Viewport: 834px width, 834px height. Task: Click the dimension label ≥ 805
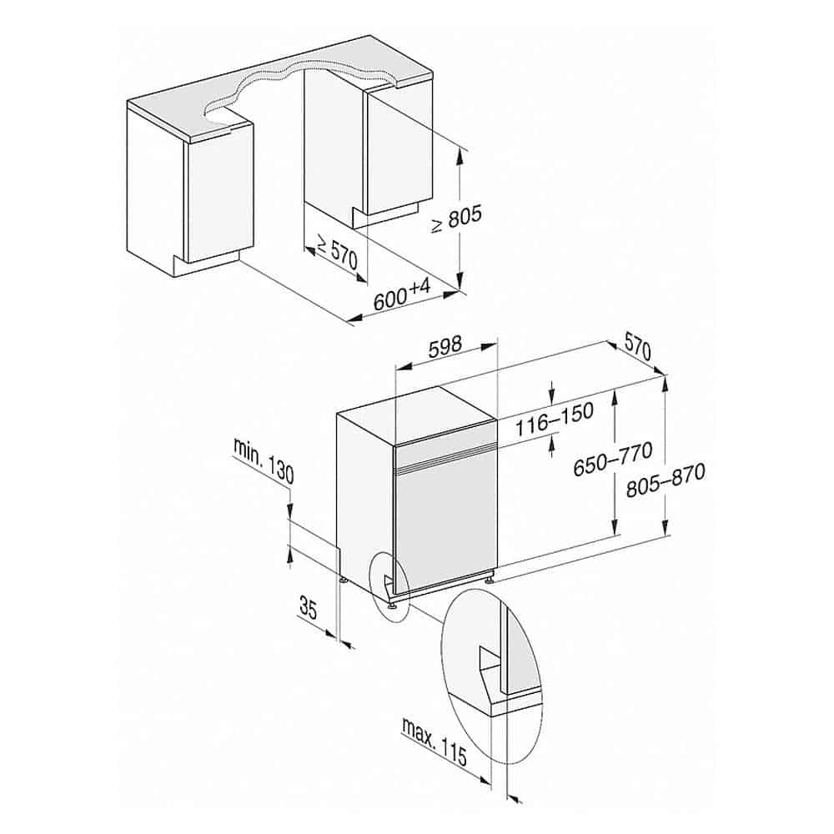456,218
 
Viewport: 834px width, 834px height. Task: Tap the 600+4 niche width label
401,295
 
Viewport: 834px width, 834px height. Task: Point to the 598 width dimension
445,346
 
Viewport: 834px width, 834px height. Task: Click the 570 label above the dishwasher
637,349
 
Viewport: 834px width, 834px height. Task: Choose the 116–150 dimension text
554,419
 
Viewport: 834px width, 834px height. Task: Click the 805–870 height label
666,480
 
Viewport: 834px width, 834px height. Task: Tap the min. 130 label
264,460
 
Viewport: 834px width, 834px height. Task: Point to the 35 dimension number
308,608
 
